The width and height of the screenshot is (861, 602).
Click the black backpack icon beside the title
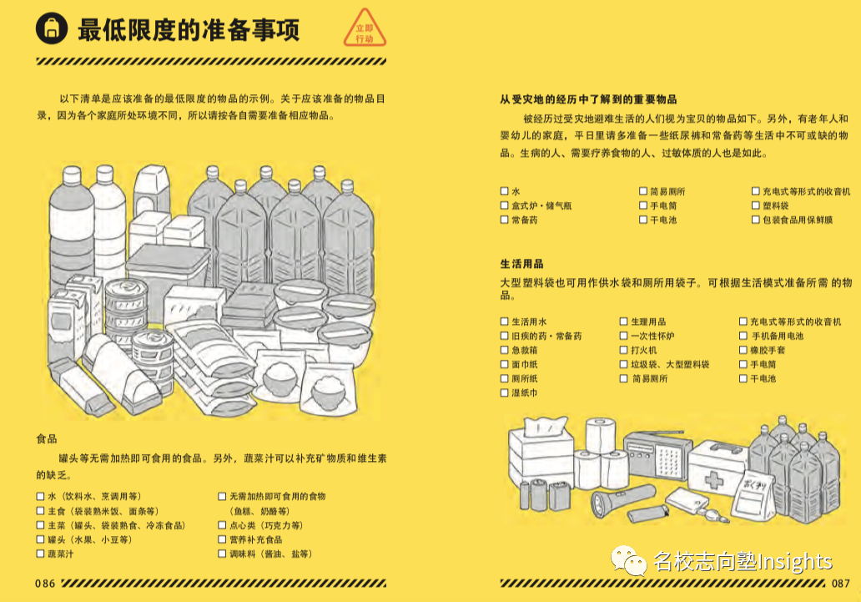pos(50,31)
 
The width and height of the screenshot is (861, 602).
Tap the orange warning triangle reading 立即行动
pos(365,31)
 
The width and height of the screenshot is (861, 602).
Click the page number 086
pos(45,583)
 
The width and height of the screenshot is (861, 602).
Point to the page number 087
pos(840,583)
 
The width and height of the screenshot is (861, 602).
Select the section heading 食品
pos(47,438)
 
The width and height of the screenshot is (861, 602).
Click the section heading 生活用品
pos(521,264)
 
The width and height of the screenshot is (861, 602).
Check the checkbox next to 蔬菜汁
pos(40,554)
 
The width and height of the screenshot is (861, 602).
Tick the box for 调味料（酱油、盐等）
pos(223,554)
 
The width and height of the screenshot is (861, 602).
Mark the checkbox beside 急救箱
pos(504,351)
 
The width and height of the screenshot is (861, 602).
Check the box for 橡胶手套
pos(743,351)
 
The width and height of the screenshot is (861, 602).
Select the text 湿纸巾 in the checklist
pos(524,393)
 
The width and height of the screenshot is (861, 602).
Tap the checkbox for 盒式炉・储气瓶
pos(504,205)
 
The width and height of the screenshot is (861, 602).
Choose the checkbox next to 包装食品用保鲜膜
pos(755,220)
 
